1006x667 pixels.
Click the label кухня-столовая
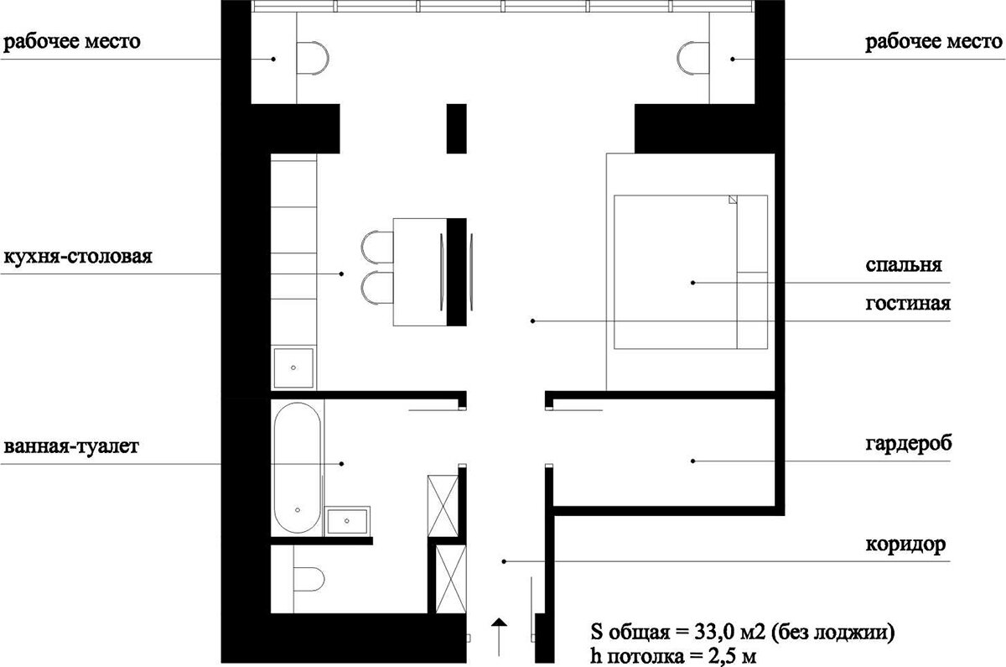[x=78, y=257]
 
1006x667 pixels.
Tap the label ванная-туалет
[x=71, y=446]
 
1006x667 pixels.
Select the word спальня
[x=904, y=265]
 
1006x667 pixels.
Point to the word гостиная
[x=908, y=304]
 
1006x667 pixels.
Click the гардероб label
[x=909, y=444]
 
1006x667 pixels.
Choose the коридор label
[x=905, y=545]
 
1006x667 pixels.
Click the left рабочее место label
[x=72, y=42]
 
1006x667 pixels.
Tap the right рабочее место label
[x=934, y=42]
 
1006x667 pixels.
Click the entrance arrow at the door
[x=499, y=637]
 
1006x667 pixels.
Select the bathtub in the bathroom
[x=297, y=467]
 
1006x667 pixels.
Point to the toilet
[x=309, y=580]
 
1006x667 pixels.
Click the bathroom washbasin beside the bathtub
[x=347, y=521]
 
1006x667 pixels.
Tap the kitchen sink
[x=293, y=367]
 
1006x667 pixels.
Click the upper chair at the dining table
[x=377, y=248]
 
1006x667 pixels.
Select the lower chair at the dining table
[x=377, y=288]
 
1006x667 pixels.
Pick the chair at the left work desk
[x=313, y=59]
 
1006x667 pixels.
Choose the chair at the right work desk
[x=693, y=59]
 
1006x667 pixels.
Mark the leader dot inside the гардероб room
[x=693, y=461]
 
